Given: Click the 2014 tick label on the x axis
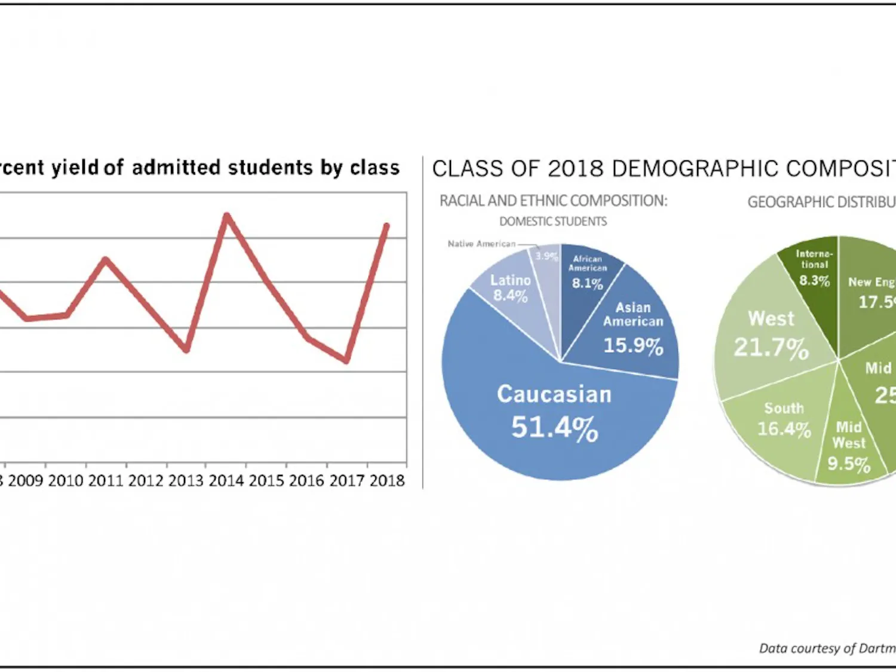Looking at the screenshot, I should point(226,480).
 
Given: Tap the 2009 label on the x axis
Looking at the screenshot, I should point(26,480).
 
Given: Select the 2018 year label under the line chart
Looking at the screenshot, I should point(386,480).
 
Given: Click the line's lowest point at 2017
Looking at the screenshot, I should point(346,361).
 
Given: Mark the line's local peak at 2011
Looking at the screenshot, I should point(106,259).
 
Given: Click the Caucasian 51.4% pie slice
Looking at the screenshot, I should point(554,412).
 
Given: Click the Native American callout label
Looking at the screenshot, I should point(481,244).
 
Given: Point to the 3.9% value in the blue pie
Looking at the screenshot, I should point(546,256).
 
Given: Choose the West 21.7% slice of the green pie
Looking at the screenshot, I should point(771,335).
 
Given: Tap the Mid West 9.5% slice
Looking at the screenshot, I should point(848,445).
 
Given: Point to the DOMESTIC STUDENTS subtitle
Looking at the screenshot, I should point(553,222).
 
